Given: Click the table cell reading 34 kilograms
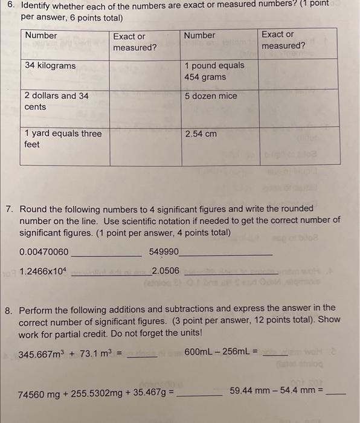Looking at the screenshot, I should tap(51, 65).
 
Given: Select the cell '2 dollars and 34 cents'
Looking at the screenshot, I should tap(56, 102).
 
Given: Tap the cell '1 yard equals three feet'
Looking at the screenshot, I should tap(63, 139).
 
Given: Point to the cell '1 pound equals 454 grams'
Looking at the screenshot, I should tap(214, 71).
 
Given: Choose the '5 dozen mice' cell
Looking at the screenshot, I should tap(211, 96).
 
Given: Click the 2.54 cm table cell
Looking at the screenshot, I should tap(201, 134).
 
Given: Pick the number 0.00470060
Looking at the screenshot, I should tap(44, 252).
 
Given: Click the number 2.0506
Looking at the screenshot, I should tap(166, 271).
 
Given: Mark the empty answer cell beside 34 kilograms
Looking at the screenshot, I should tap(145, 74).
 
